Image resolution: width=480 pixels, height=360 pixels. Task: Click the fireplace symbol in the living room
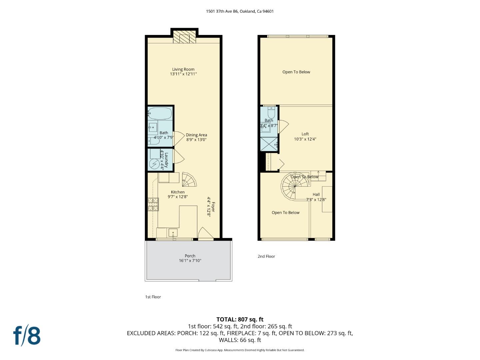pos(184,38)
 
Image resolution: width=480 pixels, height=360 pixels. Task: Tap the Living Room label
pos(183,69)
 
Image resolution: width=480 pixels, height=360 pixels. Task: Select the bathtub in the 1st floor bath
pos(160,114)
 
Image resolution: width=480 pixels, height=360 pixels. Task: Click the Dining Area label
pos(196,135)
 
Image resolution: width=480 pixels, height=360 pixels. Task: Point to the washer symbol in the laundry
pos(154,164)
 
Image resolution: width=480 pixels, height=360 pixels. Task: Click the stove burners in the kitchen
pos(153,204)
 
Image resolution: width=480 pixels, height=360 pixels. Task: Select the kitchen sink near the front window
pos(173,233)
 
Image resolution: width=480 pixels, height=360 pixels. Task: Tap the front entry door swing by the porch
pos(204,233)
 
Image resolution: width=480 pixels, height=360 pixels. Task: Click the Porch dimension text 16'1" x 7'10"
pos(190,261)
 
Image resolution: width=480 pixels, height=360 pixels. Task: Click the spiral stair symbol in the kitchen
pos(189,180)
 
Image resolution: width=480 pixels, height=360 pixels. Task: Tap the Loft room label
pos(305,134)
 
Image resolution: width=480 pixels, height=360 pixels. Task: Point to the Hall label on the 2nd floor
pos(316,194)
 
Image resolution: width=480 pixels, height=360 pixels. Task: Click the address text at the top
pos(240,11)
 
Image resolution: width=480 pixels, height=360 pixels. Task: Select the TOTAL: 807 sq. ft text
pos(240,319)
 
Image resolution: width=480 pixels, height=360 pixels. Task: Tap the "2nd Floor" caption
pos(266,256)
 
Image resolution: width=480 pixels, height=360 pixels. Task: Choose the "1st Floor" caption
pos(153,297)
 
